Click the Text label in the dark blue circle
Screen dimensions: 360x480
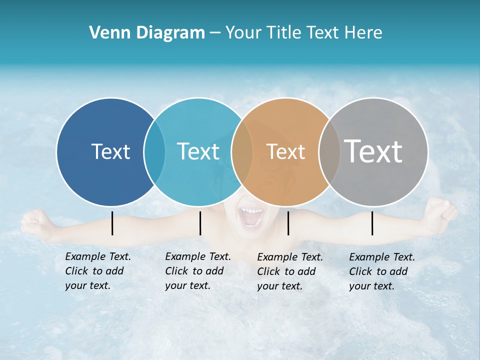110,151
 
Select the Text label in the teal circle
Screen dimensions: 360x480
198,151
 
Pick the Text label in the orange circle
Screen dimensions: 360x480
285,152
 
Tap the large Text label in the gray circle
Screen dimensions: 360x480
373,151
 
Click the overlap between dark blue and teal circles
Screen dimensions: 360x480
154,152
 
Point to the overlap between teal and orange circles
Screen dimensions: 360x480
242,152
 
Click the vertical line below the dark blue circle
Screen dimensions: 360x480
112,223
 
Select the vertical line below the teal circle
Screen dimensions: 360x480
200,223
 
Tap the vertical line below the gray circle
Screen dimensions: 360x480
372,223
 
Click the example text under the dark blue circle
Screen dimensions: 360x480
97,271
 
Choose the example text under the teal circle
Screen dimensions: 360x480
197,271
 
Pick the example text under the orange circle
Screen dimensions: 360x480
289,271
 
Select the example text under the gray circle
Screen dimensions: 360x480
381,271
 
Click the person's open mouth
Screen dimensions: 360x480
251,218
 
